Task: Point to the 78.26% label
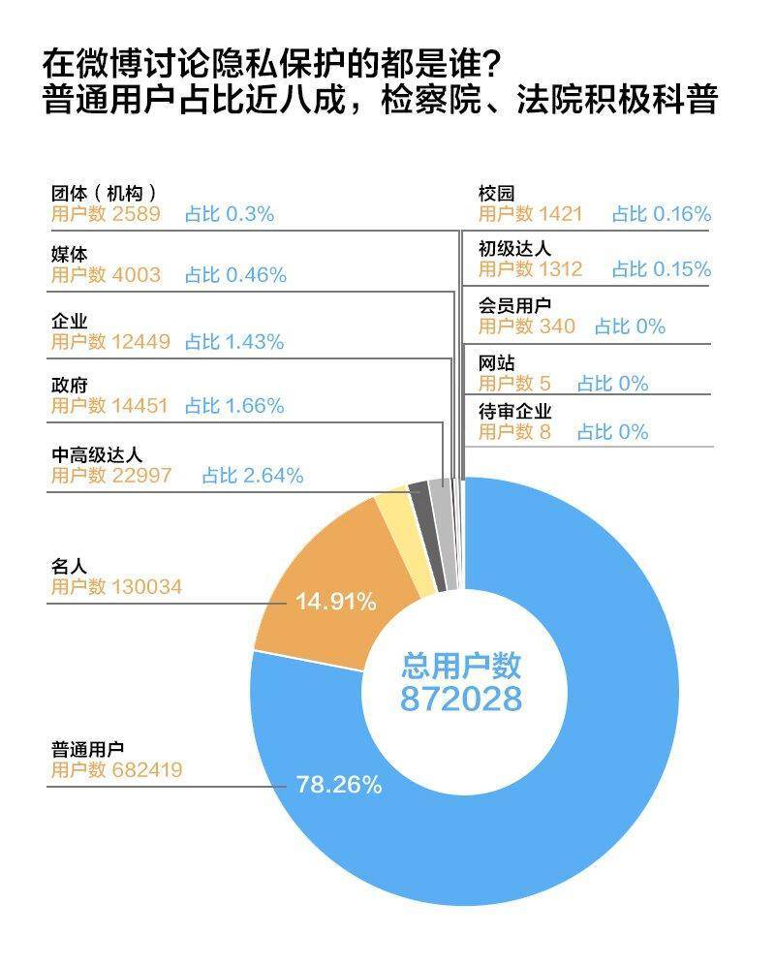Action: pyautogui.click(x=339, y=785)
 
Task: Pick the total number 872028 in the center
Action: pyautogui.click(x=461, y=699)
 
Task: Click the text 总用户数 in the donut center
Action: pyautogui.click(x=461, y=666)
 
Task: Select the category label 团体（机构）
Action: pyautogui.click(x=104, y=193)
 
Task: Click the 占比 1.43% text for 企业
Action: pyautogui.click(x=234, y=342)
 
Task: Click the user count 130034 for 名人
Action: pyautogui.click(x=144, y=586)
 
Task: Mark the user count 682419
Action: pyautogui.click(x=144, y=770)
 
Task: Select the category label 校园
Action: pyautogui.click(x=496, y=193)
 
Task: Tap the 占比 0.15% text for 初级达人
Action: pyautogui.click(x=662, y=269)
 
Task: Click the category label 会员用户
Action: pyautogui.click(x=514, y=306)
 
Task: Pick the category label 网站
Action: pyautogui.click(x=496, y=363)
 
